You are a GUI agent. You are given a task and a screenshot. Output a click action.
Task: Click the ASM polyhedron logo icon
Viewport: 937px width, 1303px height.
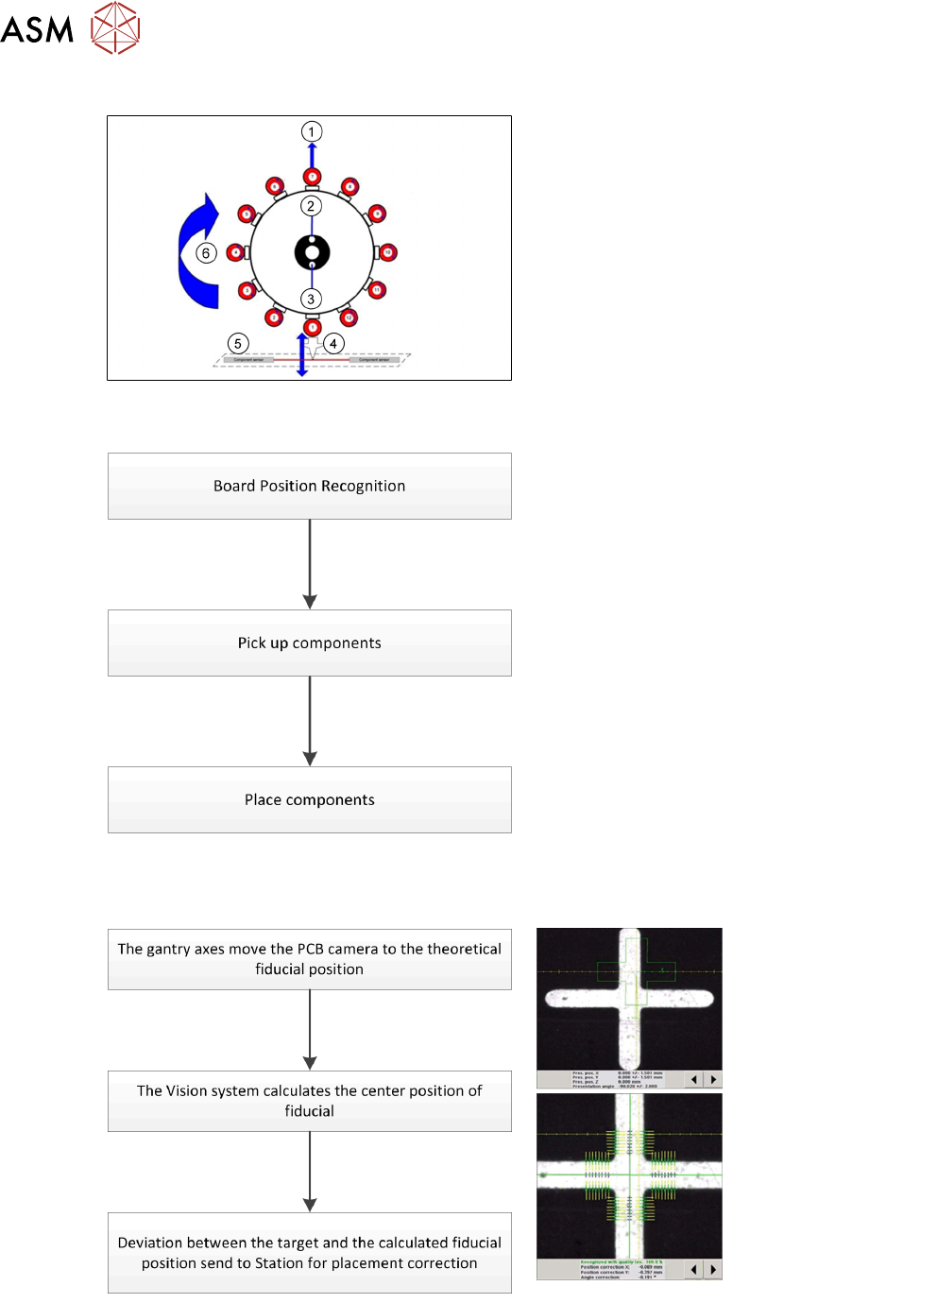pos(115,27)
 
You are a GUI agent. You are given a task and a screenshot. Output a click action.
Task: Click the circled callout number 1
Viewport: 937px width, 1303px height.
pos(312,131)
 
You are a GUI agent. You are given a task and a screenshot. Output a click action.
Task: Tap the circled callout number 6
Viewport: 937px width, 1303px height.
pos(206,253)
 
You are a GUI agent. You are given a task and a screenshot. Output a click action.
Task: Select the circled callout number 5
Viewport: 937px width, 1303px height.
pos(238,344)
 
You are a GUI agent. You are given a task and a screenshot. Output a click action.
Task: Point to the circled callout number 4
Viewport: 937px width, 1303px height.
pos(333,343)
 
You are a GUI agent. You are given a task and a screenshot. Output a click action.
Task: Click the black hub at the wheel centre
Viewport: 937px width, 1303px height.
pos(312,252)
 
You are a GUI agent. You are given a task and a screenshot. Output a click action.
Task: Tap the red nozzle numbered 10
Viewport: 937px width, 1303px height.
pos(387,252)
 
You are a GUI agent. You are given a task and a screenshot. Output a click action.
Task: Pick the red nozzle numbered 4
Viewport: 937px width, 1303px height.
pos(236,252)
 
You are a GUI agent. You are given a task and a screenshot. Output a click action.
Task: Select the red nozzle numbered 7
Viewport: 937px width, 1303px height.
pos(312,177)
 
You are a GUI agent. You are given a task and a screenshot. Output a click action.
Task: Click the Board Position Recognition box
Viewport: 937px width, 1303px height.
pos(309,486)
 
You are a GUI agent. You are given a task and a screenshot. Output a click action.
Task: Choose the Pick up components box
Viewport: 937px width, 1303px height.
pos(309,643)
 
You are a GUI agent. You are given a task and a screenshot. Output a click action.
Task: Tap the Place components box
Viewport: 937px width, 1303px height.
pos(309,799)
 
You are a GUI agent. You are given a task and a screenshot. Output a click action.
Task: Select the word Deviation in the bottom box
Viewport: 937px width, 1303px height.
pos(149,1243)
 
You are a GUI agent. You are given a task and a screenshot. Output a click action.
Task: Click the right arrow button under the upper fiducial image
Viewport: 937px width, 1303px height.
pos(713,1079)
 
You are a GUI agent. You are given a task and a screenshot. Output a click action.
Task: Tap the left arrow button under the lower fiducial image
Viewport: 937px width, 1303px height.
pos(694,1270)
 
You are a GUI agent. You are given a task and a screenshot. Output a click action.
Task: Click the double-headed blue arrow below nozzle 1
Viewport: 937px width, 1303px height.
pos(302,354)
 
